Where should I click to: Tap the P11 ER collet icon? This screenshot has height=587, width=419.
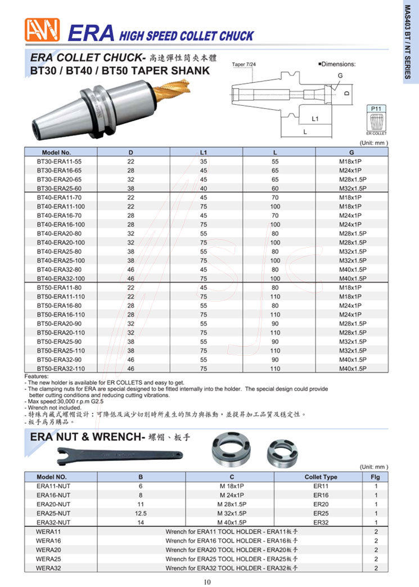point(376,120)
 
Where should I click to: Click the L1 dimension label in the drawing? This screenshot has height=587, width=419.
point(315,119)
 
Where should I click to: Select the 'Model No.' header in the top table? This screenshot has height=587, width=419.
point(56,152)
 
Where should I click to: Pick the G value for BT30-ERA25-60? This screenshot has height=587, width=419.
point(353,188)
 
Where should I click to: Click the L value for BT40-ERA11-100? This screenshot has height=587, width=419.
point(275,206)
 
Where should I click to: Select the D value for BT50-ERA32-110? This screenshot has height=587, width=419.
point(130,368)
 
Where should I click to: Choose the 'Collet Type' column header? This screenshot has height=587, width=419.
point(321,477)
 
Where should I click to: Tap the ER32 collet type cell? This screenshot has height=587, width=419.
point(321,522)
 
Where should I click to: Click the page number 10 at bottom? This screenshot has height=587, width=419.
point(207,581)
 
